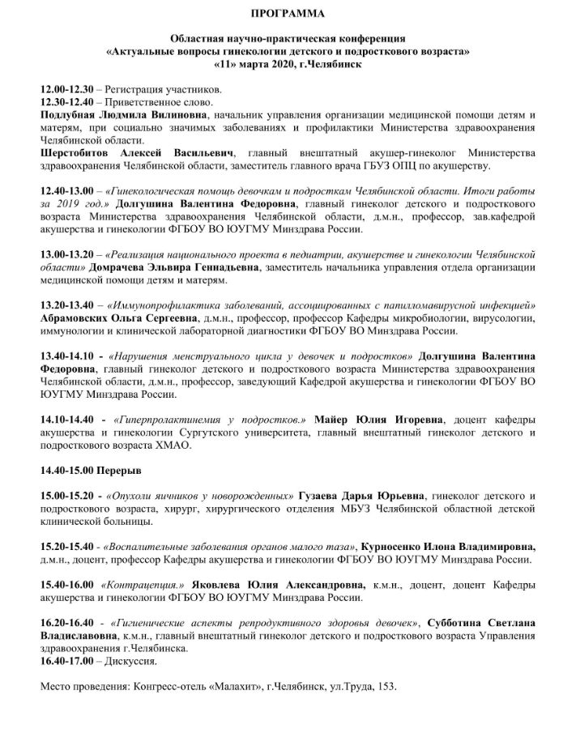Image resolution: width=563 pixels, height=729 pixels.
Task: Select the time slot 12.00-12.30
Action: pos(67,91)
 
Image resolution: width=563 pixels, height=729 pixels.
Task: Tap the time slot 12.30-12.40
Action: pos(67,103)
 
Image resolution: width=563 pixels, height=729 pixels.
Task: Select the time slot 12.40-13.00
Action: pos(67,190)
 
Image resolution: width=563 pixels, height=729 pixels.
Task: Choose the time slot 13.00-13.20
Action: pos(67,254)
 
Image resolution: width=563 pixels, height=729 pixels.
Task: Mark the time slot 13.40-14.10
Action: pos(67,356)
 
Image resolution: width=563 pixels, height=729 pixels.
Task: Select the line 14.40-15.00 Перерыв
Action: pos(90,470)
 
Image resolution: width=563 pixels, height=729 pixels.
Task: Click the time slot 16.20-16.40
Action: pos(67,622)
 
